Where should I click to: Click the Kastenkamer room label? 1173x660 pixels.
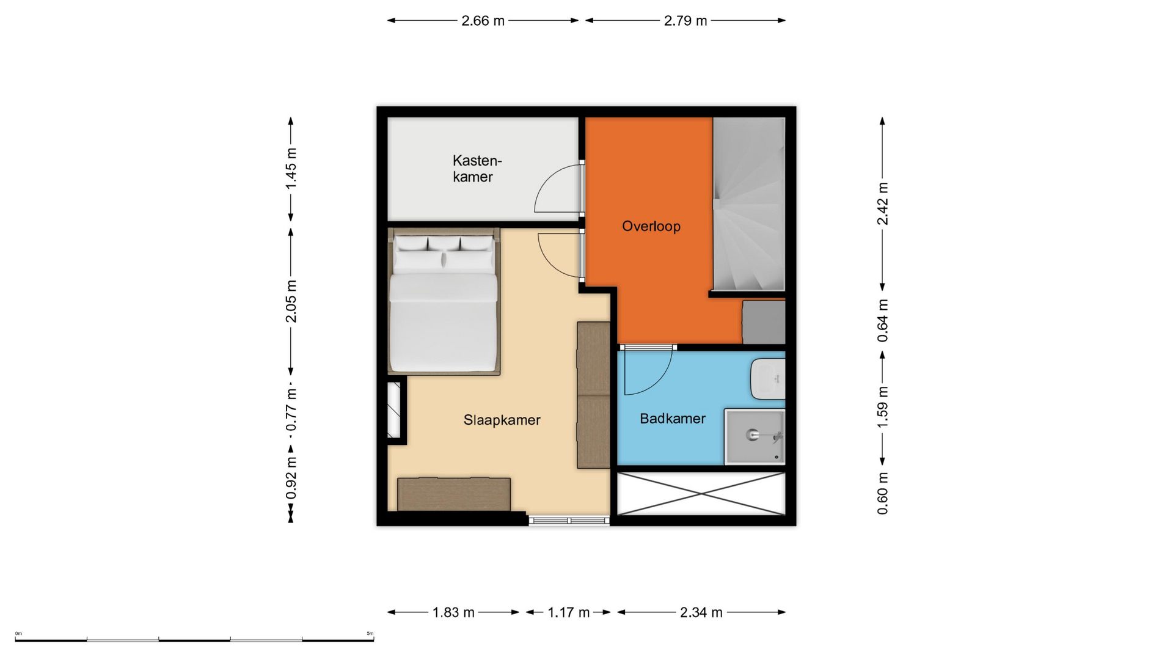tap(477, 169)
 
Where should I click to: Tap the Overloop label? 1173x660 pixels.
tap(651, 227)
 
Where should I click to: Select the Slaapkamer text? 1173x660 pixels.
tap(502, 420)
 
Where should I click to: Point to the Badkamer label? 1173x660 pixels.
tap(672, 419)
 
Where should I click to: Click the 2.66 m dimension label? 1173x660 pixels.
tap(483, 21)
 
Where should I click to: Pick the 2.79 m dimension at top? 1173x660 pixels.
tap(685, 21)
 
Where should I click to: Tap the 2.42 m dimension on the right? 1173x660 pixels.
tap(882, 204)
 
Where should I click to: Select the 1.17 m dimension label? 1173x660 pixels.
tap(568, 612)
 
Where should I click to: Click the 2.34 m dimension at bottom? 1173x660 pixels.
tap(701, 612)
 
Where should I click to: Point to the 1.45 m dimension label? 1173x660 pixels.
tap(291, 168)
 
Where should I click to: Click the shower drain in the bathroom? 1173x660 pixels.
tap(751, 435)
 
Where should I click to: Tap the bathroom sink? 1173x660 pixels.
tap(768, 379)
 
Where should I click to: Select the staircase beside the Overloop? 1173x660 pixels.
tap(748, 204)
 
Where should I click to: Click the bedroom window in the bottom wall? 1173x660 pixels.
tap(569, 520)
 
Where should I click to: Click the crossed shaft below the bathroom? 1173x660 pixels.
tap(701, 493)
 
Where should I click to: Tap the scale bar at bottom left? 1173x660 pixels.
tap(194, 639)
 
